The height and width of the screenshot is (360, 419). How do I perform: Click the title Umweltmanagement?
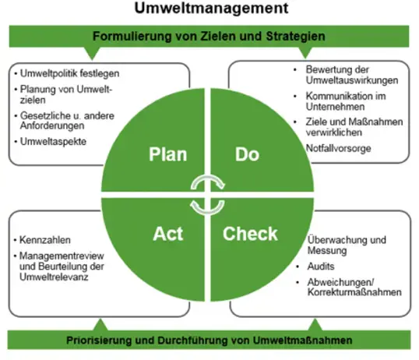(x=211, y=8)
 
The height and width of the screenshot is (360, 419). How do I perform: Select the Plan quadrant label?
(x=167, y=154)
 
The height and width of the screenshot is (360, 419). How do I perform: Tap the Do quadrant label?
(x=247, y=154)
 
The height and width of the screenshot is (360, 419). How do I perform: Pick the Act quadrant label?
(x=168, y=234)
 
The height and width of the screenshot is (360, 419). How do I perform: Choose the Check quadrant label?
(x=250, y=234)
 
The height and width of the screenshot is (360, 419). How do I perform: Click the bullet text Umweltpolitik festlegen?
(x=70, y=73)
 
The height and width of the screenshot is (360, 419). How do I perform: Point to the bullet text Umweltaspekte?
(x=53, y=142)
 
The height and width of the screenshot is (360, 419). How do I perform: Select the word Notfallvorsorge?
(x=339, y=148)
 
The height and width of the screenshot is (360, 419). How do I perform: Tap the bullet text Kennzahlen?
(x=45, y=240)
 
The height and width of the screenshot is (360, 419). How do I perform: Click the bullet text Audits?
(x=321, y=266)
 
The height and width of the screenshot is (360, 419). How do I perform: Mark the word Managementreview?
(x=62, y=256)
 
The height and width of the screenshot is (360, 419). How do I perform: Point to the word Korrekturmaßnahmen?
(x=354, y=292)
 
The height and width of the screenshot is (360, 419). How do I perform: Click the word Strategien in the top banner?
(x=295, y=37)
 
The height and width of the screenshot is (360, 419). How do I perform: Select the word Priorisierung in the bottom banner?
(x=99, y=341)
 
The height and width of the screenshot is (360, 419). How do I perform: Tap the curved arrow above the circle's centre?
(x=208, y=180)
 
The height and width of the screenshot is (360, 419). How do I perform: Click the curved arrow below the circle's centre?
(x=207, y=210)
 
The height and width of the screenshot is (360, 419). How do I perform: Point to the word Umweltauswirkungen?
(x=352, y=80)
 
